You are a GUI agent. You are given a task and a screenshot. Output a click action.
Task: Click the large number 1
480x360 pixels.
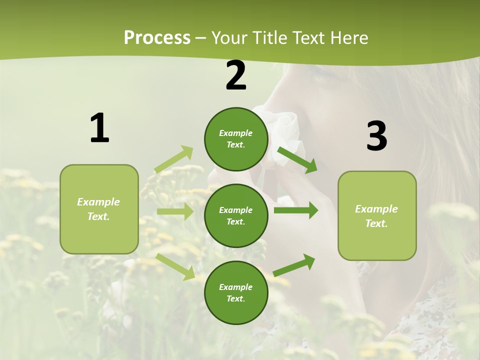pyautogui.click(x=99, y=128)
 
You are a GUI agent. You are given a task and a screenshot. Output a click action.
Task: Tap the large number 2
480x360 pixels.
pyautogui.click(x=236, y=75)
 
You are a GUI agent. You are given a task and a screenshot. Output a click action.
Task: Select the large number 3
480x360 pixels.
pyautogui.click(x=376, y=136)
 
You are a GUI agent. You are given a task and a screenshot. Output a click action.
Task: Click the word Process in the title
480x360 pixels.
pyautogui.click(x=157, y=37)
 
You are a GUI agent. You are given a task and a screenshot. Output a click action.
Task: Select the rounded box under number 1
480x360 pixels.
pyautogui.click(x=99, y=209)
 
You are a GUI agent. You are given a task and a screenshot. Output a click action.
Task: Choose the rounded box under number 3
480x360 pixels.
pyautogui.click(x=377, y=215)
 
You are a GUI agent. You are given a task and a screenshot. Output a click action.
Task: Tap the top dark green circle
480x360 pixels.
pyautogui.click(x=236, y=139)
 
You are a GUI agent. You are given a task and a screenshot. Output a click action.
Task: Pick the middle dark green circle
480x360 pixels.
pyautogui.click(x=236, y=215)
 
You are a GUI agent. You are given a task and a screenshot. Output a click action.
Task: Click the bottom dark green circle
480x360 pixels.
pyautogui.click(x=236, y=292)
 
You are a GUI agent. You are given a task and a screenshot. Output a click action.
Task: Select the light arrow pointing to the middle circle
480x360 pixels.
pyautogui.click(x=175, y=211)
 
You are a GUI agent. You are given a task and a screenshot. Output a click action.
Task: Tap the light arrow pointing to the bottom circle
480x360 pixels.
pyautogui.click(x=175, y=266)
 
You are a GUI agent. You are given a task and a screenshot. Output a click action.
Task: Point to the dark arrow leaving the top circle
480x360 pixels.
pyautogui.click(x=297, y=160)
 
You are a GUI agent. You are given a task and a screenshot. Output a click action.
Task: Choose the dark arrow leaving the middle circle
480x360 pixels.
pyautogui.click(x=295, y=210)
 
